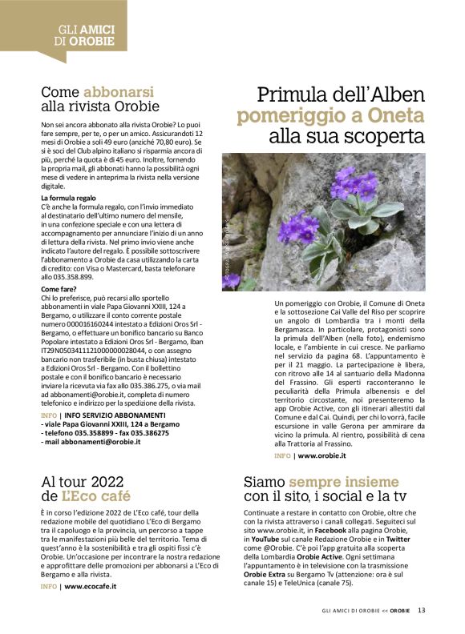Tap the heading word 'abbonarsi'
pyautogui.click(x=119, y=92)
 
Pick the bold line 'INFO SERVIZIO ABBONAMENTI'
pyautogui.click(x=113, y=415)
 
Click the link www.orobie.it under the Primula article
pyautogui.click(x=323, y=455)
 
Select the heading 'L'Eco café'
pyautogui.click(x=85, y=496)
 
